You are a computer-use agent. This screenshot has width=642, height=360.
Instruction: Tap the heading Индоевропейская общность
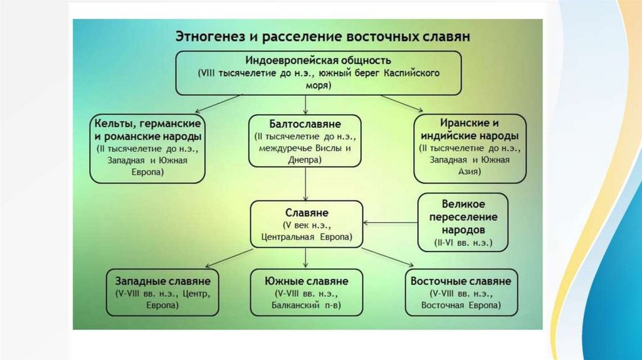[318, 61]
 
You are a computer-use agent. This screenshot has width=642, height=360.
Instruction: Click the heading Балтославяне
[305, 124]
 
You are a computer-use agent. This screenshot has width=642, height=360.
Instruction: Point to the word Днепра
[305, 161]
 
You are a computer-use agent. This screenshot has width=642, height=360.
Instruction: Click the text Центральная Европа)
[305, 238]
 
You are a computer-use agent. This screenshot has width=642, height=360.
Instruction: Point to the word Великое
[463, 204]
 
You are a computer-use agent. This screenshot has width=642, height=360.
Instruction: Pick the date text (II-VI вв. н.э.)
[463, 242]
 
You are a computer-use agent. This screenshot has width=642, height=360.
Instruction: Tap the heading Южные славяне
[305, 281]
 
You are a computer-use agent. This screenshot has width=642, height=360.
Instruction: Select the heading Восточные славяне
[461, 281]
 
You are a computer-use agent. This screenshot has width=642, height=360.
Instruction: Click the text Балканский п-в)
[305, 306]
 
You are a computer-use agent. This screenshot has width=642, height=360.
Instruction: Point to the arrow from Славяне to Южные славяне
[305, 257]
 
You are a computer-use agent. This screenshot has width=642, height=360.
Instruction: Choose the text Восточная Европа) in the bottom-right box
[461, 306]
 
